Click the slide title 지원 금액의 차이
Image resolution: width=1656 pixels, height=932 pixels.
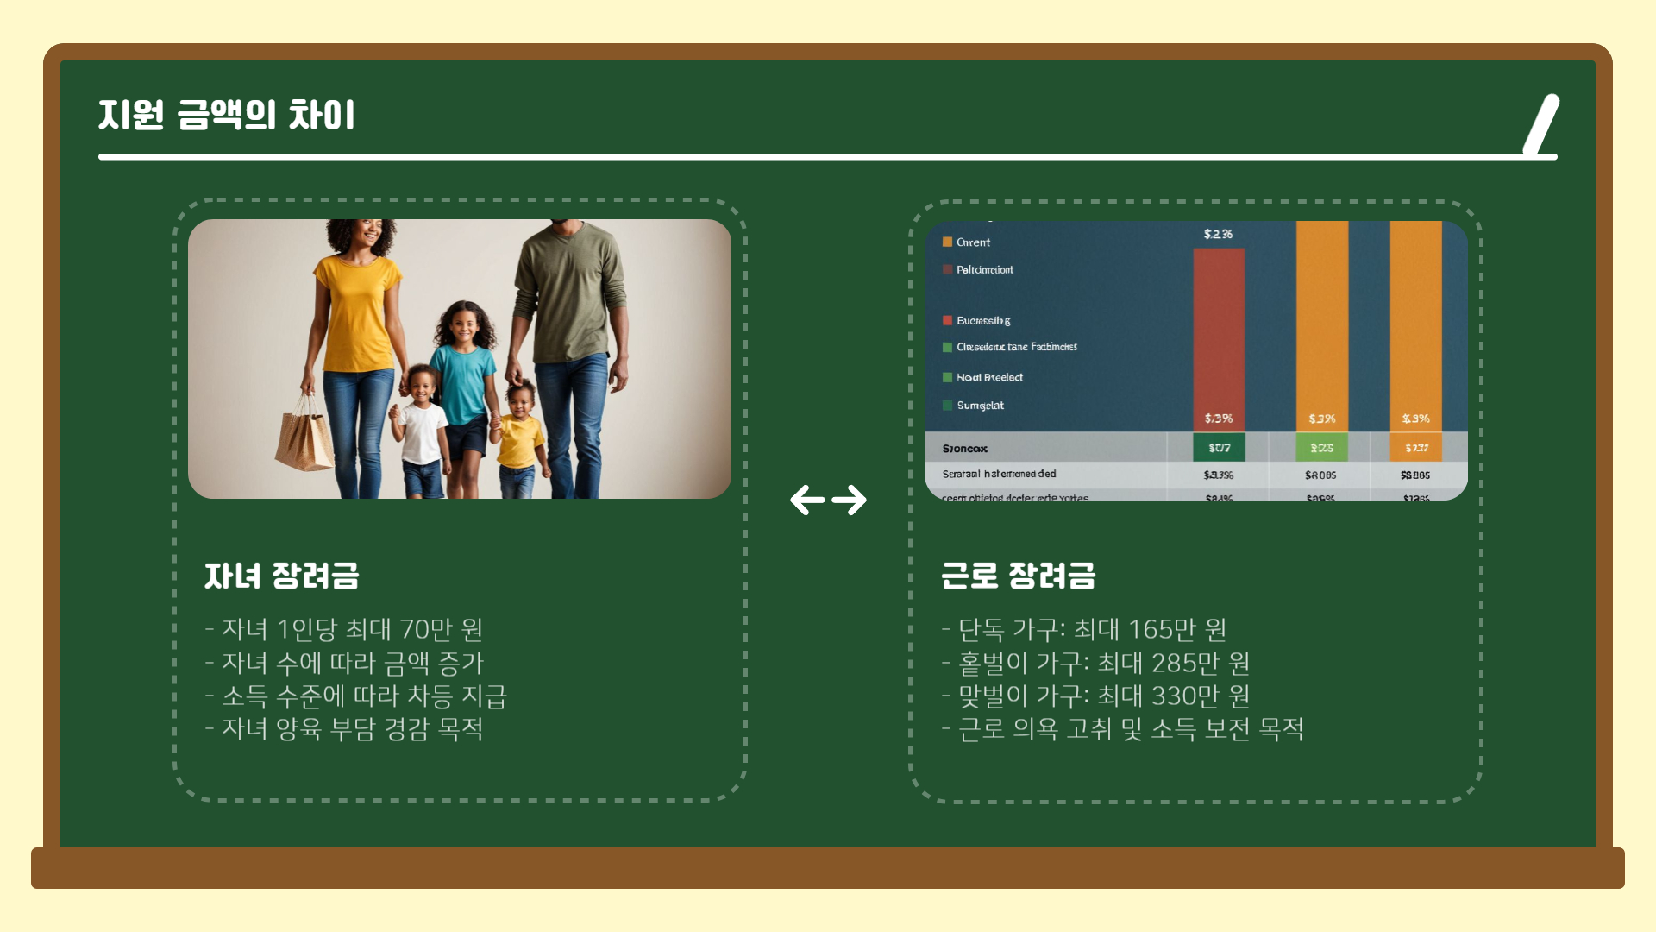tap(226, 116)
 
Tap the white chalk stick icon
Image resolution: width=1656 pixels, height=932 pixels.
tap(1541, 124)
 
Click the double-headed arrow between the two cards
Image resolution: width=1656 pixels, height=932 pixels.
tap(828, 500)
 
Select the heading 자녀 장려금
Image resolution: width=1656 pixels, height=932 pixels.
tap(281, 576)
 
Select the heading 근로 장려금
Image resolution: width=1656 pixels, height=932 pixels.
tap(1018, 576)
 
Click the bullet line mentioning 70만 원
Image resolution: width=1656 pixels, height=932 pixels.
tap(344, 629)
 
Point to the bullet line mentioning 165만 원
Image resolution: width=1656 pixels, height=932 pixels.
tap(1084, 629)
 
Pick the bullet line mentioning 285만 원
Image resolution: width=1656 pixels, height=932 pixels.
tap(1095, 663)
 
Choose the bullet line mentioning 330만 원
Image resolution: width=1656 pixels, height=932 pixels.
tap(1095, 696)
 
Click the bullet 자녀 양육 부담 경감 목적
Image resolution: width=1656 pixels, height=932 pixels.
tap(344, 729)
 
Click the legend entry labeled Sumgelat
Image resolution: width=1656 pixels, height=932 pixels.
tap(980, 406)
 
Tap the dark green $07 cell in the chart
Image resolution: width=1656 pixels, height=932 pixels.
tap(1219, 448)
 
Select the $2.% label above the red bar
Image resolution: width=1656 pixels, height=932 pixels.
tap(1218, 234)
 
